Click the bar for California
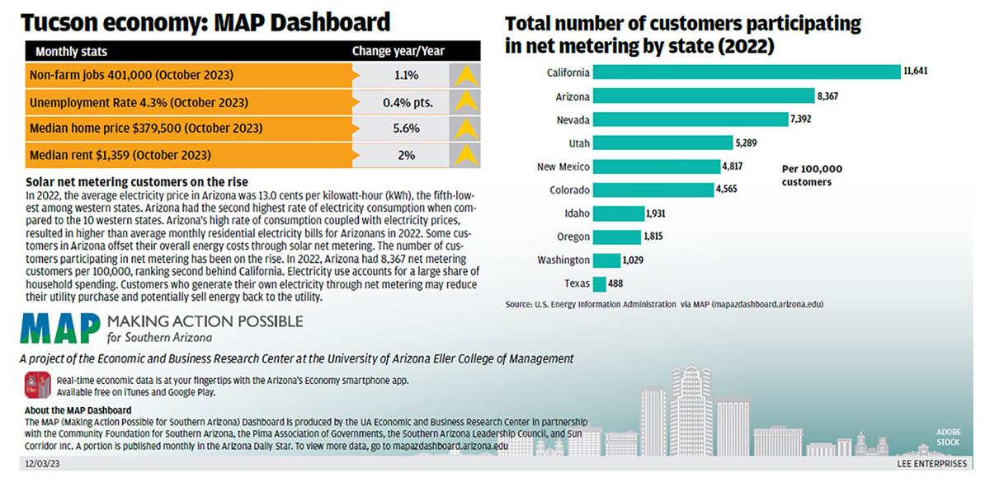(x=746, y=73)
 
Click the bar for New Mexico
(x=656, y=166)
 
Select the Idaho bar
(x=618, y=213)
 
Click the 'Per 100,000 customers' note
(x=811, y=176)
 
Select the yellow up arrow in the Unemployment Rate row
(x=465, y=102)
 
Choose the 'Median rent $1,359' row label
(x=120, y=155)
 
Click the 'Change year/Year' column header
(x=398, y=51)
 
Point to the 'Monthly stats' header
(x=71, y=51)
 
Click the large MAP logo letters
(x=61, y=328)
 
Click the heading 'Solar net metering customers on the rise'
(x=137, y=182)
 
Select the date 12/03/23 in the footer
(x=40, y=465)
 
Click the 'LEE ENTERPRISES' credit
(x=931, y=465)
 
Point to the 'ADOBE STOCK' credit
(x=948, y=437)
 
